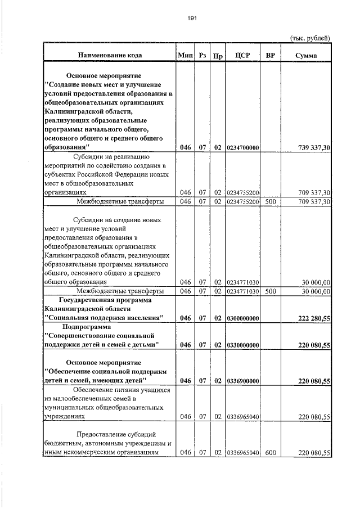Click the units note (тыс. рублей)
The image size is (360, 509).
click(x=309, y=38)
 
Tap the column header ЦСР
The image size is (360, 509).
click(x=242, y=56)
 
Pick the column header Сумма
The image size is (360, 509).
click(x=305, y=56)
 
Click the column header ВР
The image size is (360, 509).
click(x=269, y=56)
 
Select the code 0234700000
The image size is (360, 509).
click(x=242, y=148)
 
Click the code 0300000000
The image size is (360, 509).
click(x=242, y=318)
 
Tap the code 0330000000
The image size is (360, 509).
click(x=242, y=344)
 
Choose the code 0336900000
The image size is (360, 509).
click(x=242, y=381)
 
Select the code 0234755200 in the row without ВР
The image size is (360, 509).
click(x=242, y=192)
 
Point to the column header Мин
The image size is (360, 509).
click(x=184, y=56)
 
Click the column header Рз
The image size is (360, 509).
click(x=202, y=56)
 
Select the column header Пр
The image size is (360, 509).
click(x=218, y=56)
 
